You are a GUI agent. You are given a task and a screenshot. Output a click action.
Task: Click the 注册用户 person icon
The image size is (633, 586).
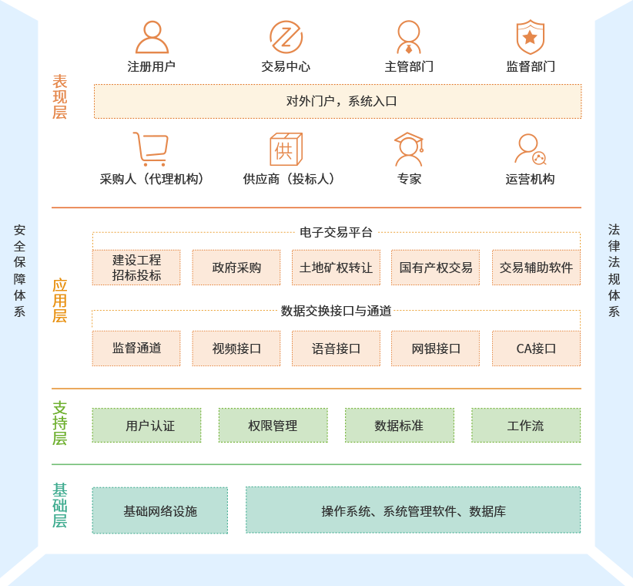(152, 37)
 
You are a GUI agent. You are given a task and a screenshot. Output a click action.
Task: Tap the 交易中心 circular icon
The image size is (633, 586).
(286, 37)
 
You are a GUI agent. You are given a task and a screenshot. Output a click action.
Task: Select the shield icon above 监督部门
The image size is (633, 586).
(530, 37)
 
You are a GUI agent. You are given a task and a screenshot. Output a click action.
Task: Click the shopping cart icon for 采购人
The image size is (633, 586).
(150, 150)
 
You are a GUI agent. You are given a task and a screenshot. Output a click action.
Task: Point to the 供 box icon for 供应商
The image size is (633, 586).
(285, 150)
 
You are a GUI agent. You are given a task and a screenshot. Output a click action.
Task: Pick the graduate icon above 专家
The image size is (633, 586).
(409, 150)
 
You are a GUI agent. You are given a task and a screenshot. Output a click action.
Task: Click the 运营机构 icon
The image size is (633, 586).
(530, 150)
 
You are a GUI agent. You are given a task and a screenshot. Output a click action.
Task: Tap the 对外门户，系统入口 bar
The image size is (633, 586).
(337, 101)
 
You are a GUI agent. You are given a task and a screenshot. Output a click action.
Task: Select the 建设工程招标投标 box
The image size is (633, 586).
(137, 268)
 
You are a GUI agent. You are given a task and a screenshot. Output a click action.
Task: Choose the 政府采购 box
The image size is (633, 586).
(236, 268)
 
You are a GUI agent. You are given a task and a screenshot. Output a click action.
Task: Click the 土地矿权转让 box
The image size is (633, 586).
(336, 268)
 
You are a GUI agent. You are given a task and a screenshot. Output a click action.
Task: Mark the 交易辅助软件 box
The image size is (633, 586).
(536, 268)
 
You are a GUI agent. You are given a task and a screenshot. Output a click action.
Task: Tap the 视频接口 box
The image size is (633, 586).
(236, 348)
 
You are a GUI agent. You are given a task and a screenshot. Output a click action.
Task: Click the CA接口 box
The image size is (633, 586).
(536, 348)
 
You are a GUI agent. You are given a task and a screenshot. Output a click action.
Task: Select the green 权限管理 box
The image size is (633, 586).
(273, 426)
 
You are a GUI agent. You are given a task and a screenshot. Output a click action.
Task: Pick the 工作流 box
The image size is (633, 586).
(526, 426)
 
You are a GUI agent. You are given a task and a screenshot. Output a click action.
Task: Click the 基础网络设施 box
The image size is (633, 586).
(160, 510)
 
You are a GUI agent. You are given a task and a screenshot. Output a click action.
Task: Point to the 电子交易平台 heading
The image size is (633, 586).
(336, 232)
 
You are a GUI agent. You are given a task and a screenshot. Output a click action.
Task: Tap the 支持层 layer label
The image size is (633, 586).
(60, 423)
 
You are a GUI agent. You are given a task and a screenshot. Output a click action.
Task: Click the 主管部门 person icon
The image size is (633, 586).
(409, 37)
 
